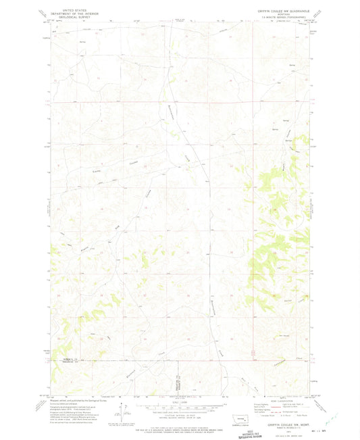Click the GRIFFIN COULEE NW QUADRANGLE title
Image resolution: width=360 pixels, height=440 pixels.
pos(278,7)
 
